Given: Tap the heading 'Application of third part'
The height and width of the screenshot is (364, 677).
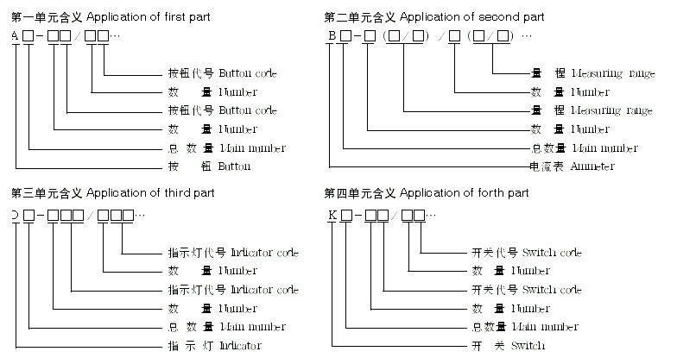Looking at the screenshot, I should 150,193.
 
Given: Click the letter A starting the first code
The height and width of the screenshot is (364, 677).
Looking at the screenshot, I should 16,35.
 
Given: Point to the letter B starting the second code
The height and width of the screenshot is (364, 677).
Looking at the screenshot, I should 331,35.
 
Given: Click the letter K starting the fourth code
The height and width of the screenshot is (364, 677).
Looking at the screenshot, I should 332,214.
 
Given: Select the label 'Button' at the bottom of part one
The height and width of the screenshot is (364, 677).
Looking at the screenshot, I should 235,166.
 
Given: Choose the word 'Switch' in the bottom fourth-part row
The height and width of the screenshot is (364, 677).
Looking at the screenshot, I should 528,346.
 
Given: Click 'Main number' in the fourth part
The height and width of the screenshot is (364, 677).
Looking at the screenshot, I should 546,327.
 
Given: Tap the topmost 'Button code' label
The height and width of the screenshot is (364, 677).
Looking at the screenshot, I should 248,73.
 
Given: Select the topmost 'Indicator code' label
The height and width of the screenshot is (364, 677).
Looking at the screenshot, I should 264,253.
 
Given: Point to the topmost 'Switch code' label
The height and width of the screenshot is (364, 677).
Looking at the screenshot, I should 552,253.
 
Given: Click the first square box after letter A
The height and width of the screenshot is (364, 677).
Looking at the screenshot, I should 29,36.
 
